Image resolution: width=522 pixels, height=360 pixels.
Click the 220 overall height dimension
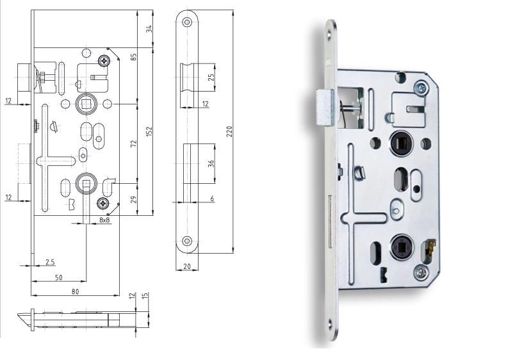229,131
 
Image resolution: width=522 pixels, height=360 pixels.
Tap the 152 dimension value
149,131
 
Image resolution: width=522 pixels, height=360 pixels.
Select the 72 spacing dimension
134,143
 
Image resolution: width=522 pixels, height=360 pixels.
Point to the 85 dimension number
134,57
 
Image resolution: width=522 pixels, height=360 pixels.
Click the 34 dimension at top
149,29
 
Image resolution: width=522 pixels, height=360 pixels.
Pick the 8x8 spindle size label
104,220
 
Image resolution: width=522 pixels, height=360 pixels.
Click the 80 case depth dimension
75,291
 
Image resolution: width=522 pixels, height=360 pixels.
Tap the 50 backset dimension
58,277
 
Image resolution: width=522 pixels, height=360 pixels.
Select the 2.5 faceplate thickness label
50,262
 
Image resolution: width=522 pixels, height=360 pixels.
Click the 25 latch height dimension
212,78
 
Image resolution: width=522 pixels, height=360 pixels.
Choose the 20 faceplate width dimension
186,266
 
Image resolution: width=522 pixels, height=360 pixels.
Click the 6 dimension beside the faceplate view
212,199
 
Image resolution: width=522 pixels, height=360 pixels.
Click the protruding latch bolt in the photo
324,108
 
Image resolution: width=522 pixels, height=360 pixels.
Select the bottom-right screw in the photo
421,273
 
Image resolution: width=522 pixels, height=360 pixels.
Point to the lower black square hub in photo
400,245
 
